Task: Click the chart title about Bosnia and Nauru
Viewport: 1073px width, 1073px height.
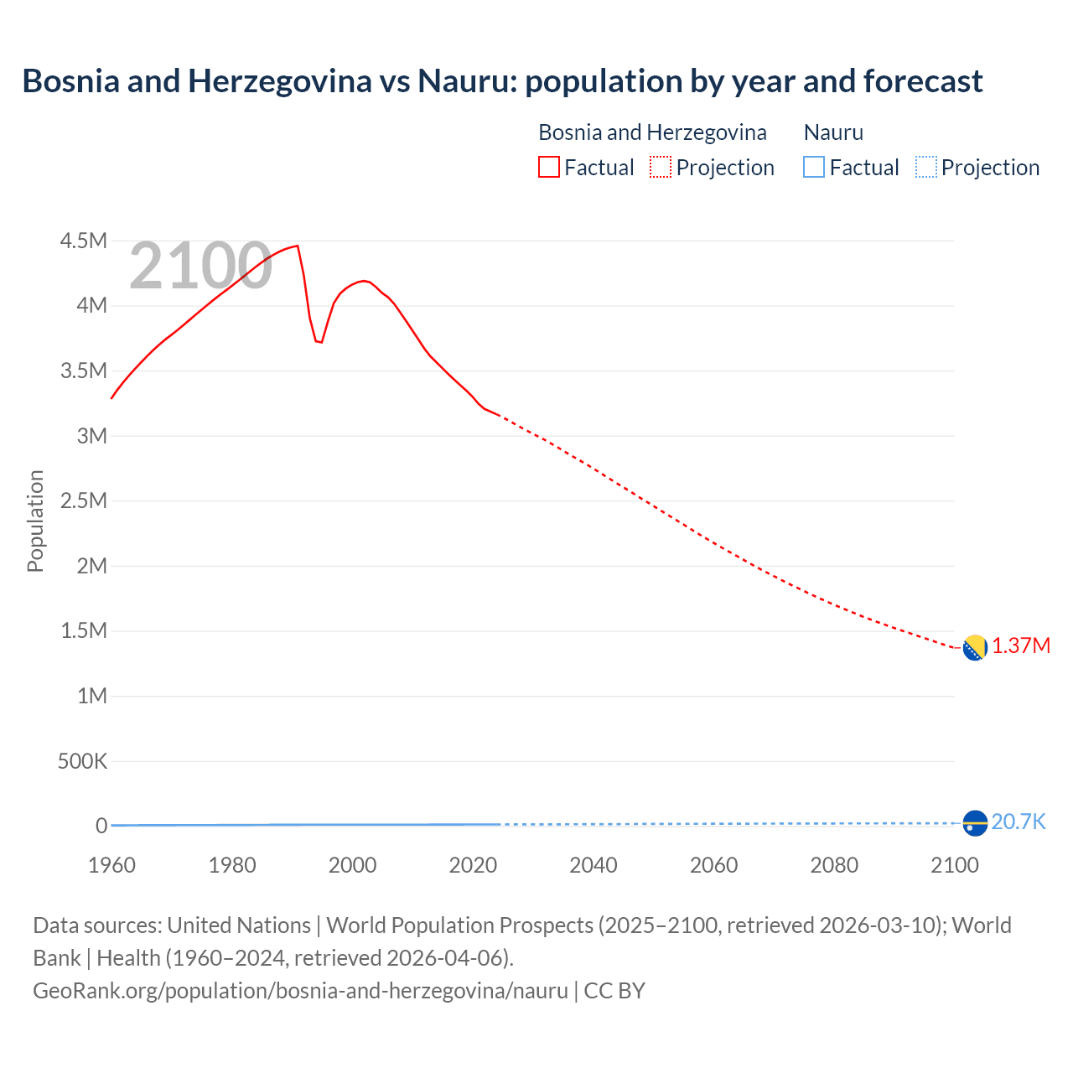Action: pos(502,81)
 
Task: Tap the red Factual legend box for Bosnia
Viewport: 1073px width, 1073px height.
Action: pos(548,167)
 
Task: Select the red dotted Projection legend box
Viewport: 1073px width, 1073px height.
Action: pos(661,167)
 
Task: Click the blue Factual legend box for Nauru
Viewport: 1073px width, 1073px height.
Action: pos(813,167)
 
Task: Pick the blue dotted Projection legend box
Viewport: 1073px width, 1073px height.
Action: pos(925,167)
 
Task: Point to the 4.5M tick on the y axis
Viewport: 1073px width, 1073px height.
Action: pos(84,241)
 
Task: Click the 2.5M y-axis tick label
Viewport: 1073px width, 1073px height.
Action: pos(84,501)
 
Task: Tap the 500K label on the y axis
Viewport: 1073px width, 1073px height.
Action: pos(82,761)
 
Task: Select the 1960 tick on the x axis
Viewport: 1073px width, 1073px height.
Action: pos(111,865)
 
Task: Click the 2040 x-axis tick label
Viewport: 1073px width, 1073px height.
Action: pos(594,865)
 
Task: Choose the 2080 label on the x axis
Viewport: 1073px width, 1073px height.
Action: pos(834,865)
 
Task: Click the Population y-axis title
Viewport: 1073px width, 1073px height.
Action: pos(35,521)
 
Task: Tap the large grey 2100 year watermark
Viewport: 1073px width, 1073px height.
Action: pos(200,266)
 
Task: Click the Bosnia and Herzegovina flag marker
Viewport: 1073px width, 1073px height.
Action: pos(974,648)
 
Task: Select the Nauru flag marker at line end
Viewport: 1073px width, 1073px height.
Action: pos(974,823)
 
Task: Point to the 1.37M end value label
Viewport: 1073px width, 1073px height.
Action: pos(1021,646)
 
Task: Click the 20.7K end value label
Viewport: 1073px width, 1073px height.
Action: pos(1019,822)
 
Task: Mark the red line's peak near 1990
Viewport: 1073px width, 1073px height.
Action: pos(298,246)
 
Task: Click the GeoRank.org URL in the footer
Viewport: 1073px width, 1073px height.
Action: pos(300,990)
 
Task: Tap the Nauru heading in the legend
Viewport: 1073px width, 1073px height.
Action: pos(833,132)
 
